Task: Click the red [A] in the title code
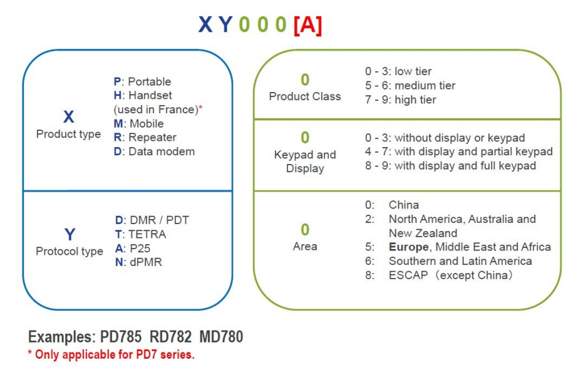pos(308,25)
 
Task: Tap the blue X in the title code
pos(205,25)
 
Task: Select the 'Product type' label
pos(68,134)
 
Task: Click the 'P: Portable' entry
pos(142,81)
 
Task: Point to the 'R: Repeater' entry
pos(145,137)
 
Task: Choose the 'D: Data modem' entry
pos(154,152)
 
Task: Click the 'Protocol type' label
pos(70,251)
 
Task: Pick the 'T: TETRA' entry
pos(140,234)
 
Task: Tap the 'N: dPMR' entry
pos(138,262)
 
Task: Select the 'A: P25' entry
pos(132,249)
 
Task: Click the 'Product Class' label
pos(305,96)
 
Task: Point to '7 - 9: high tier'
pos(401,100)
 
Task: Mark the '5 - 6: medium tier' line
pos(410,86)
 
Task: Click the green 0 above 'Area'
pos(305,230)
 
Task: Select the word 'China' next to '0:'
pos(404,205)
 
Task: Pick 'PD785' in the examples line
pos(121,337)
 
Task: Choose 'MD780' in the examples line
pos(221,337)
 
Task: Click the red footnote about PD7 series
pos(111,354)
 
